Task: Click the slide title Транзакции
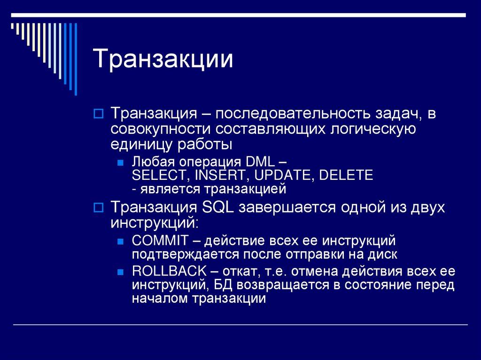pyautogui.click(x=163, y=60)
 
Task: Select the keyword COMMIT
pyautogui.click(x=160, y=241)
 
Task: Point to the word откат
pyautogui.click(x=238, y=272)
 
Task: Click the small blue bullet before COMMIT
pyautogui.click(x=120, y=242)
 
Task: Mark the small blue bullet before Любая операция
pyautogui.click(x=120, y=163)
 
